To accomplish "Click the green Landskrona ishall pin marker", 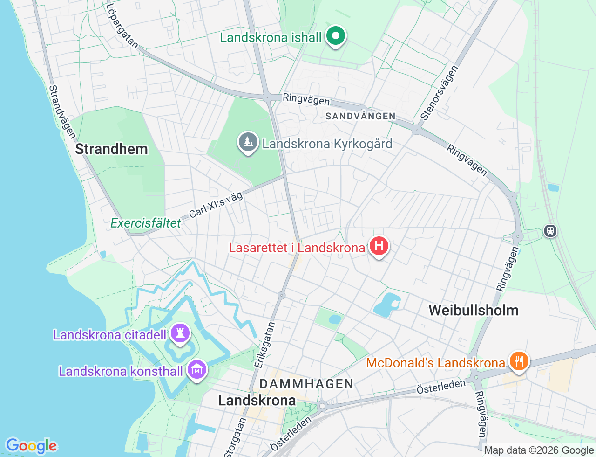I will (335, 36).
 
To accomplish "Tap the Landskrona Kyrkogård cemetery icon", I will (248, 142).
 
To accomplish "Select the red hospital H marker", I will (379, 245).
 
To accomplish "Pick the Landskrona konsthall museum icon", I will (197, 370).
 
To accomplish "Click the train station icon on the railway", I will (550, 230).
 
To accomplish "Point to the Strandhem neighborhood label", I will (111, 149).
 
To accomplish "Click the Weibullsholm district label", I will (474, 310).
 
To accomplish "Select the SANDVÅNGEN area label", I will (360, 116).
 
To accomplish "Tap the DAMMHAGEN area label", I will (306, 384).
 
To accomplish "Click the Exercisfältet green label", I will (145, 223).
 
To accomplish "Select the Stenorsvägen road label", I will (439, 93).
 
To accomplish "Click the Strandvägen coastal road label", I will (62, 112).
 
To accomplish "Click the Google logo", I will (31, 446).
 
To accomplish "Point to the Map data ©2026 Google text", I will (539, 450).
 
